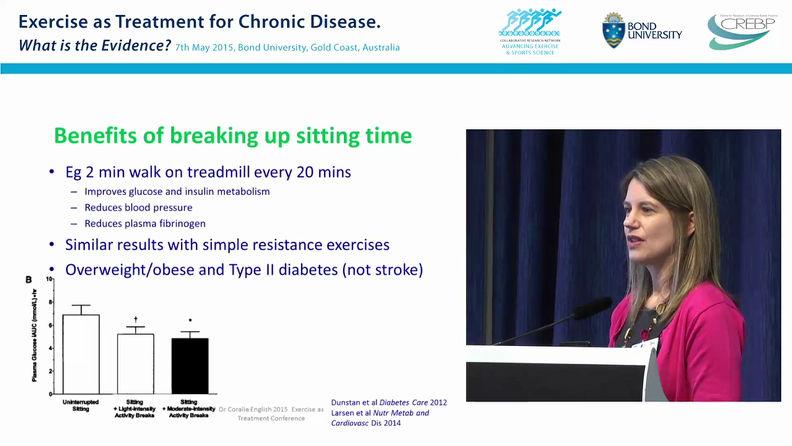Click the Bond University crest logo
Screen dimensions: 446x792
[613, 30]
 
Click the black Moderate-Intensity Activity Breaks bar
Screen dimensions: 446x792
[189, 365]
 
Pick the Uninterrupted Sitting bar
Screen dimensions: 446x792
[81, 354]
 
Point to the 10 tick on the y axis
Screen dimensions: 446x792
[49, 279]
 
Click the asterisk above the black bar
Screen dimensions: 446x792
[190, 321]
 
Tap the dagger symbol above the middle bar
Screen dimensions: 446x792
[136, 318]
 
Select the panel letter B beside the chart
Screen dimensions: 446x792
[28, 280]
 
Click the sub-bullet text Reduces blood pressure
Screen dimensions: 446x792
[138, 208]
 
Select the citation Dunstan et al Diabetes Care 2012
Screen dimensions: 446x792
[389, 403]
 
